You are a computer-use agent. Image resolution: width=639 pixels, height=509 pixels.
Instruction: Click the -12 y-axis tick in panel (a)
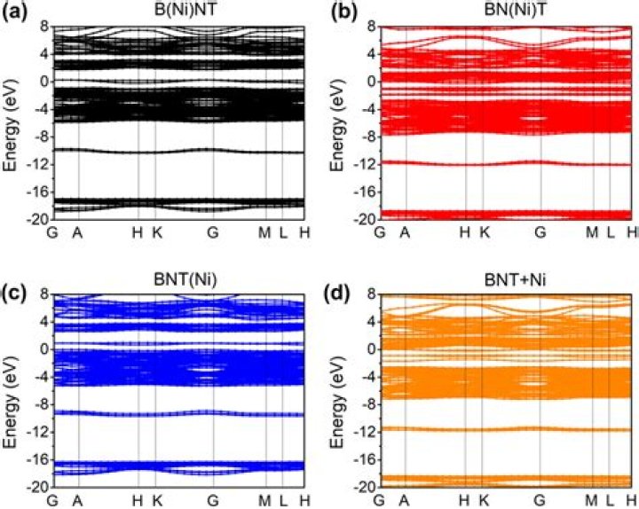(39, 164)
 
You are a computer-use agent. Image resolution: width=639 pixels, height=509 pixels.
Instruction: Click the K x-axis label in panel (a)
(155, 232)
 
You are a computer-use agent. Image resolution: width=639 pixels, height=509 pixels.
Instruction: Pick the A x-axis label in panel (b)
(405, 232)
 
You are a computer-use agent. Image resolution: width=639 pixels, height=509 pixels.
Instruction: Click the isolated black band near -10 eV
(177, 151)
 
